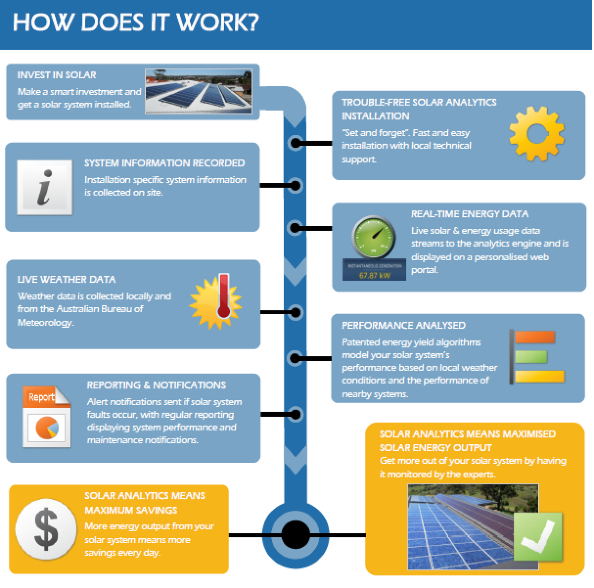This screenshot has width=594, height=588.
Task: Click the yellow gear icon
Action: tap(537, 134)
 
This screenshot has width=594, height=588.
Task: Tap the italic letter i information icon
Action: tap(45, 187)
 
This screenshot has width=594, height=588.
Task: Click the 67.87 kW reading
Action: tap(375, 275)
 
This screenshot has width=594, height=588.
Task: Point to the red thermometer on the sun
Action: tap(224, 296)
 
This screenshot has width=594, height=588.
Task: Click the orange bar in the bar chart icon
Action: tap(535, 337)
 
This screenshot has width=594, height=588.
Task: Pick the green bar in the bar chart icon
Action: tap(531, 357)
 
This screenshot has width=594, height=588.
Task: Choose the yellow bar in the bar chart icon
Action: tap(540, 377)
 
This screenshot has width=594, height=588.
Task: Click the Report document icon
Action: tap(46, 416)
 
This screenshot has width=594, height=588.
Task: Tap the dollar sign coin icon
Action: tap(46, 529)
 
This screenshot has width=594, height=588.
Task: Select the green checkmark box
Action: tap(538, 536)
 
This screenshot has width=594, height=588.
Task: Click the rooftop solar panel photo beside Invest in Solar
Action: tap(198, 91)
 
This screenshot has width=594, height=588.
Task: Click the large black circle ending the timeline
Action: tap(295, 535)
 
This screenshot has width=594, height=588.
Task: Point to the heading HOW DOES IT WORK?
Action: tap(135, 23)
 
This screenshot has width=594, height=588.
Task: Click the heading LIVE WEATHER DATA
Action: tap(67, 279)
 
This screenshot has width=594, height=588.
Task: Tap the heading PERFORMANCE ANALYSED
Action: tap(404, 325)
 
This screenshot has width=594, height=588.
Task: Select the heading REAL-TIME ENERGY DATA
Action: tap(470, 214)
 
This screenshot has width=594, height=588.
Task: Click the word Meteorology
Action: tap(45, 323)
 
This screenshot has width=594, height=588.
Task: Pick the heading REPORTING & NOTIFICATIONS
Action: tap(156, 385)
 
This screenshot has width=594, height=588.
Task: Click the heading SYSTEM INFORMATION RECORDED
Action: tap(164, 163)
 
